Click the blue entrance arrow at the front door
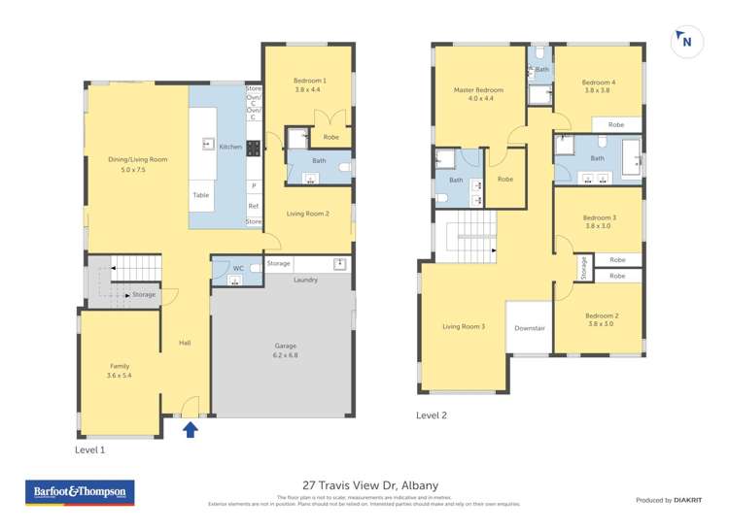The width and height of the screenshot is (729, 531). pos(191,428)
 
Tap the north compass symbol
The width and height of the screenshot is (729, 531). pos(686,41)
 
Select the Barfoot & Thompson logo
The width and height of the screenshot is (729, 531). pos(80,492)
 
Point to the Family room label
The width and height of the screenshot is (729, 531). pos(119,370)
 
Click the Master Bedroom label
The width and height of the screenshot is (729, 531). pos(478,94)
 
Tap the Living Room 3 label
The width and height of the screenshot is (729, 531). pos(463,327)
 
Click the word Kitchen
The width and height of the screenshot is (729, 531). pos(230,147)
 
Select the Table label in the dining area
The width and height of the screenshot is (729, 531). pos(200,195)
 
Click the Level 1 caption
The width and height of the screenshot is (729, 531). pos(90,450)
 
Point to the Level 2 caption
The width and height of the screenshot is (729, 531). pos(432,415)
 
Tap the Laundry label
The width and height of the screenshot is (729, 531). pos(306,280)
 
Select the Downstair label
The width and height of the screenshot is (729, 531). pos(530,328)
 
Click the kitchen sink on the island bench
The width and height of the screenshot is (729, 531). pos(208,145)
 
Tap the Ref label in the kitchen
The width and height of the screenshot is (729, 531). pos(254,206)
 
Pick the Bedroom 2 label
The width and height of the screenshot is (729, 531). pos(602,320)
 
